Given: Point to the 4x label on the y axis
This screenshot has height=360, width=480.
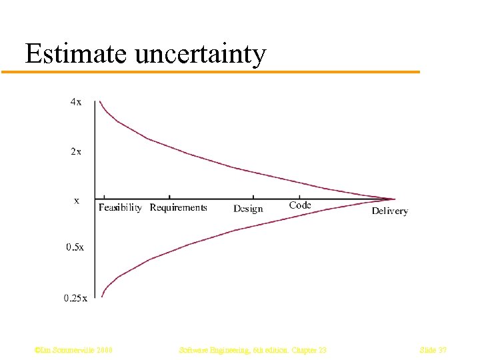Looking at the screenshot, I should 76,102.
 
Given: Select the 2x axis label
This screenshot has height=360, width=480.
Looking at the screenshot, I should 76,151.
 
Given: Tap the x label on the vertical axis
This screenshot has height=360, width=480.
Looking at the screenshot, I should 77,199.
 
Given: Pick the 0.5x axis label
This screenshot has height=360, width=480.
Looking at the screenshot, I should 75,247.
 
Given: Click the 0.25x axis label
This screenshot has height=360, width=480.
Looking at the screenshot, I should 75,298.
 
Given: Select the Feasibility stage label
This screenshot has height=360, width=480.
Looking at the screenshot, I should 120,208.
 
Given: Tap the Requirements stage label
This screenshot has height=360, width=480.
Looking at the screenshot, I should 178,208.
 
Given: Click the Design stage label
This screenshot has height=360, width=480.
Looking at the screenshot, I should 248,209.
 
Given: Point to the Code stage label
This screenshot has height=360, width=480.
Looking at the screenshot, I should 300,205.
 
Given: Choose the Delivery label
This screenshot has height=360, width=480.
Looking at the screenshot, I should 389,211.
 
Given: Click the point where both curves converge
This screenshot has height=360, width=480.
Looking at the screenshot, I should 395,199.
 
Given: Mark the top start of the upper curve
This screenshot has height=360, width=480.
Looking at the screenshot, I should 100,101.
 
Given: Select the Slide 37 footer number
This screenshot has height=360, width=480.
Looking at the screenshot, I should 433,350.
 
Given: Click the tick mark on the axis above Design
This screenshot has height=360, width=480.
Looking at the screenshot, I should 253,197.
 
